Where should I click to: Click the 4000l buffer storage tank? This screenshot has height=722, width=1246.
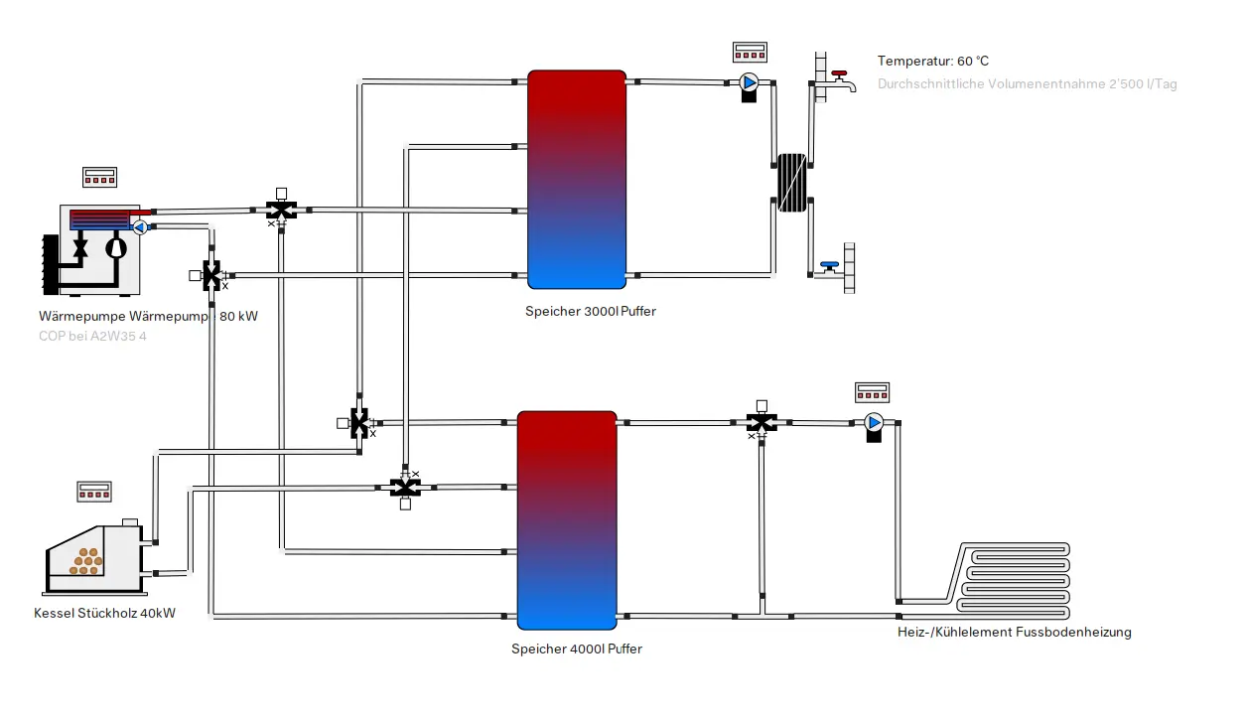pos(567,519)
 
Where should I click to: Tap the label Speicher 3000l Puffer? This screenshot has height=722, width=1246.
pos(590,311)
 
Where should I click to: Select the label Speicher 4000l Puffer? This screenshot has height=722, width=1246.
pos(576,649)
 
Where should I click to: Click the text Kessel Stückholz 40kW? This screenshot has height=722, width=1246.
pos(104,613)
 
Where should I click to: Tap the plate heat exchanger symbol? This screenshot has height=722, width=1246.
pos(791,182)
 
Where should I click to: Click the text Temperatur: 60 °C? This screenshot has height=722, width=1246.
pos(932,62)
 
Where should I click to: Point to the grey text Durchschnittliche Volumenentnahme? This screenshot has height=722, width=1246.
pos(1027,84)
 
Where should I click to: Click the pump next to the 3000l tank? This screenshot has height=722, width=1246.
pos(749,84)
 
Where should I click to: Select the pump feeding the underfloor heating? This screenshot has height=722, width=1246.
pos(874,424)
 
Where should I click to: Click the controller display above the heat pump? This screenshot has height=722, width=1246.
pos(100,177)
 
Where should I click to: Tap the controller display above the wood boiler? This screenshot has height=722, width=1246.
pos(94,491)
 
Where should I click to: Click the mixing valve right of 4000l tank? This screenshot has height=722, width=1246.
pos(761,422)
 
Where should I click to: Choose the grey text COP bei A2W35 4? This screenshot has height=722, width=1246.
pos(92,336)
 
